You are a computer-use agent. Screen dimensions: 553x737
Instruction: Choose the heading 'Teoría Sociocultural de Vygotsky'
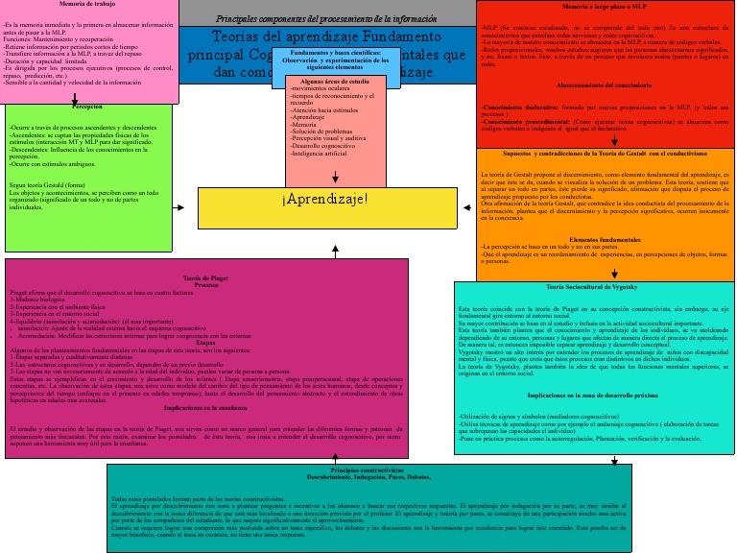coord(598,288)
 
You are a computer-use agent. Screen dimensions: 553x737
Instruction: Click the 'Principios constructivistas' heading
coord(366,471)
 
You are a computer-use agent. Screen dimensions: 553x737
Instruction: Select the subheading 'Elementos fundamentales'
coord(605,238)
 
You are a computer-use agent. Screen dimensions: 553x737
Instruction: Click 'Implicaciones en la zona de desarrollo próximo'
coord(592,395)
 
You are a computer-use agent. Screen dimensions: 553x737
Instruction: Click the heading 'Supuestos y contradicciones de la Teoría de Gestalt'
coord(605,154)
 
